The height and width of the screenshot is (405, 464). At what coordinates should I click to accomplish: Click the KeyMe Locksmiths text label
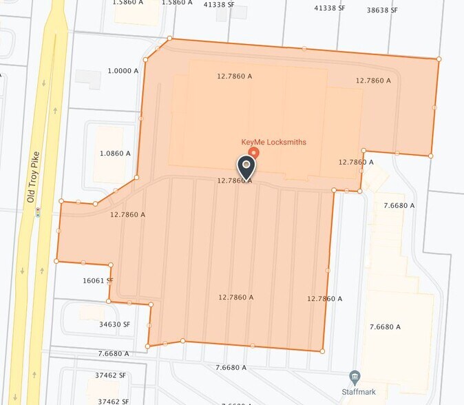point(273,143)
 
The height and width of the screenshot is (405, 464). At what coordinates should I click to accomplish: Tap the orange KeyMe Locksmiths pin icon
point(253,152)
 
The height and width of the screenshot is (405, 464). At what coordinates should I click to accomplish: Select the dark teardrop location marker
point(246,167)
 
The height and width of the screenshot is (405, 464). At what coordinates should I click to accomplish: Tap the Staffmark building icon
point(355,376)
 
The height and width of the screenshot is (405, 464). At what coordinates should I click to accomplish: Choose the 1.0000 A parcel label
point(123,71)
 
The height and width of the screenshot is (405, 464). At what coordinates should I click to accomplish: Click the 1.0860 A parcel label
point(115,154)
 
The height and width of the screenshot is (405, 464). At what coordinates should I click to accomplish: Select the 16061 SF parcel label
point(98,281)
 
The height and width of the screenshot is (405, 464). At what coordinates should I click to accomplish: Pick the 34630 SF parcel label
point(114,324)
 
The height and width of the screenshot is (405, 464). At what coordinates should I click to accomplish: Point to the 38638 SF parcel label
point(382,10)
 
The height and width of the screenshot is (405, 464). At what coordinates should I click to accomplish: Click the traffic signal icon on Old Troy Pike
point(38,213)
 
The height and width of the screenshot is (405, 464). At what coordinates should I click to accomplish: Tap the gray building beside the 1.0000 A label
point(88,79)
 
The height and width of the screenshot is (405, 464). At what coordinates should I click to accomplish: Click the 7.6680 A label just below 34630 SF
point(114,353)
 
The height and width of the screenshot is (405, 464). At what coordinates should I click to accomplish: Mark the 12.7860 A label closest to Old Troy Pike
point(127,215)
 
